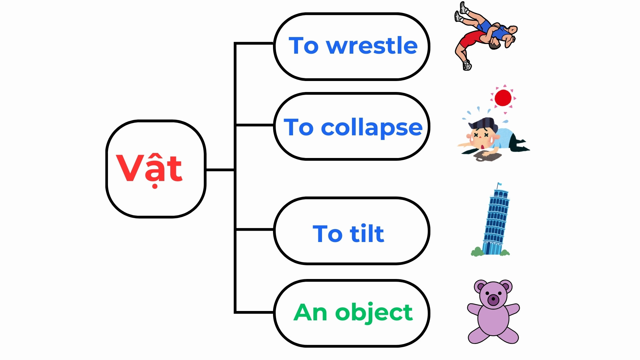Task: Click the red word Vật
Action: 149,169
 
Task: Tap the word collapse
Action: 372,128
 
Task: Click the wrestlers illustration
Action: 486,36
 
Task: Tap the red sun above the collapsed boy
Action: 503,98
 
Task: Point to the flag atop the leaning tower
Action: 499,184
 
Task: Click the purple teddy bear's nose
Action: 493,300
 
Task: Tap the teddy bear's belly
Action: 493,318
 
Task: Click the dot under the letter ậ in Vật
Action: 155,186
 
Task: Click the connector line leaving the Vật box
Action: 220,170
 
